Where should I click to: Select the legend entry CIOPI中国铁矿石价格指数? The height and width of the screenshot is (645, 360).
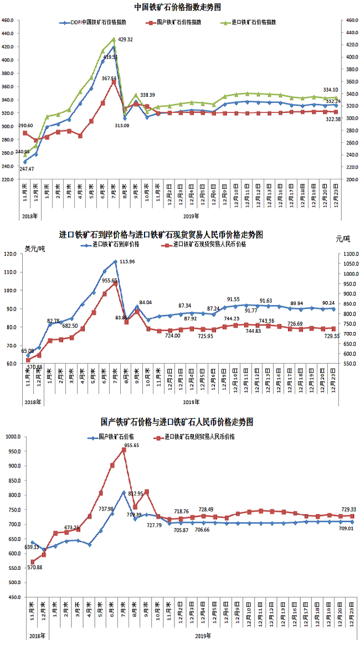click(99, 23)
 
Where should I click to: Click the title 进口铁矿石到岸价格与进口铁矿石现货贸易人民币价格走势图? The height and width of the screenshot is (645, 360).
click(161, 235)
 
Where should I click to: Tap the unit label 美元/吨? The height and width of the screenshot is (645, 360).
click(35, 247)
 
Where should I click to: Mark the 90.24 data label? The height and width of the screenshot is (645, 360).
click(328, 302)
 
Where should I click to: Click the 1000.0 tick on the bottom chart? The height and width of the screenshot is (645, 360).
click(12, 436)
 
